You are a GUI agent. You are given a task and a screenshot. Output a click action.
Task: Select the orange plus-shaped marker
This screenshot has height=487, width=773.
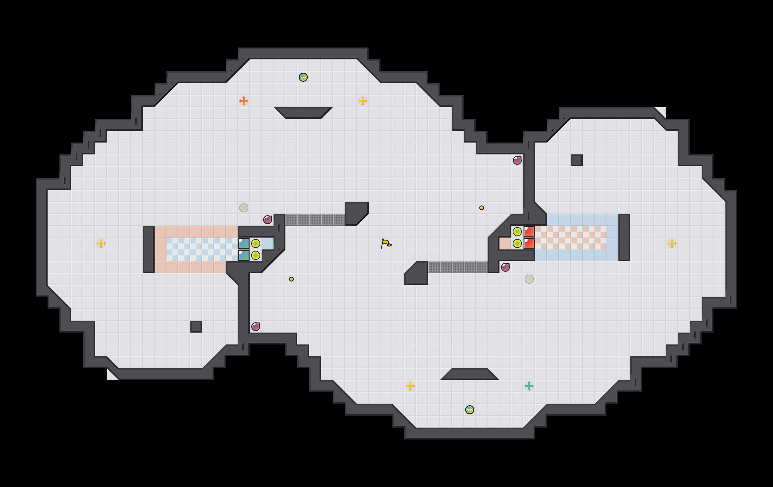click(244, 101)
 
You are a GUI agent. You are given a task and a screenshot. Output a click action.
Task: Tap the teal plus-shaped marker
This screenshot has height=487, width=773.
click(529, 386)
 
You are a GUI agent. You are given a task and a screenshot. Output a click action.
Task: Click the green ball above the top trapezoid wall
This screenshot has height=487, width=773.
click(303, 77)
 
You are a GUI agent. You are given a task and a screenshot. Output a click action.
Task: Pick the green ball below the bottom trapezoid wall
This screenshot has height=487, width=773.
click(470, 410)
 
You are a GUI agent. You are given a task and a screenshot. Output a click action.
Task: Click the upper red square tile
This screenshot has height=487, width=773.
click(529, 232)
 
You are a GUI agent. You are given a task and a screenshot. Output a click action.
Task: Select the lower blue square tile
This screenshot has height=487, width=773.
click(244, 255)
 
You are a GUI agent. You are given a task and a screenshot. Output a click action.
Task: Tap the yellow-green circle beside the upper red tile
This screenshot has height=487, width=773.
click(517, 232)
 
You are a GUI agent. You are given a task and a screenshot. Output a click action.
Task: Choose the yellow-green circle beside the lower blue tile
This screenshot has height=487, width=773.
click(255, 255)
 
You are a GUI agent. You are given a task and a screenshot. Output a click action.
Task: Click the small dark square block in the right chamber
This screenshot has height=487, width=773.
click(576, 160)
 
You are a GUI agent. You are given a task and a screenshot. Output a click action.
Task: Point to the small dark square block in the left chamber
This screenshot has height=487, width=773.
click(196, 327)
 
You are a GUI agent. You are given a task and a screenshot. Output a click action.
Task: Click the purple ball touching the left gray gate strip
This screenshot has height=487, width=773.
click(267, 220)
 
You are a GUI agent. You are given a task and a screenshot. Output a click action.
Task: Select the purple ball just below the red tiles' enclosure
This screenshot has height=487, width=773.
click(505, 267)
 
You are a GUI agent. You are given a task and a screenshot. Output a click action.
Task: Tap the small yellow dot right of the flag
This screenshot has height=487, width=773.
click(482, 208)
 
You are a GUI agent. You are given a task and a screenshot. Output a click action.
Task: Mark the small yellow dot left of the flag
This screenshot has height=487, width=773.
click(291, 279)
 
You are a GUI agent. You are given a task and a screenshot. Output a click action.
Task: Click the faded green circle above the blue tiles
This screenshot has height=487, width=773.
click(244, 208)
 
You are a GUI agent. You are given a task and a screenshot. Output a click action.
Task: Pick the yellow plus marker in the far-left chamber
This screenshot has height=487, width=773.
click(101, 243)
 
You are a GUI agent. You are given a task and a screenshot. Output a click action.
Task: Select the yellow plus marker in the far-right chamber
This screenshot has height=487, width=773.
click(672, 243)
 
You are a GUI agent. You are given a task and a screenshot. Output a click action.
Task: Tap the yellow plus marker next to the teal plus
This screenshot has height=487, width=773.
click(410, 386)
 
